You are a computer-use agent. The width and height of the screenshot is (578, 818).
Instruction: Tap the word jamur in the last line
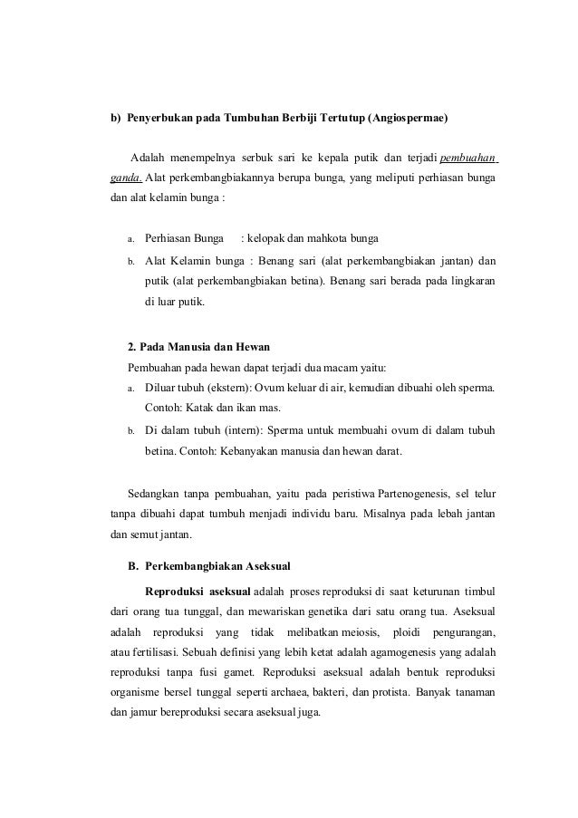coord(144,712)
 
